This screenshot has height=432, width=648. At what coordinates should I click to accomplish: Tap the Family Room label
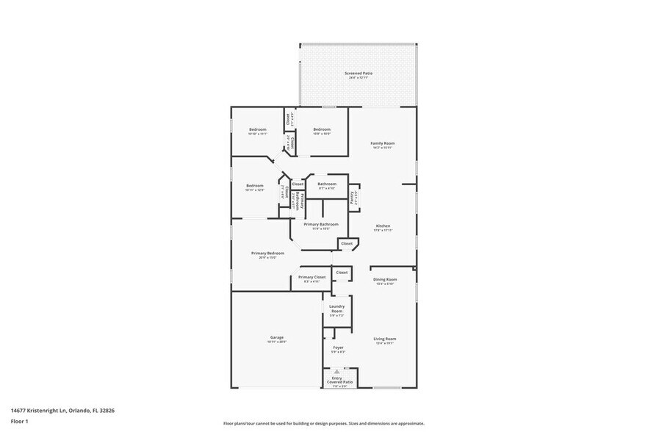click(383, 145)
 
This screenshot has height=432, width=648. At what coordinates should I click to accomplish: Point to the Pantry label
click(353, 197)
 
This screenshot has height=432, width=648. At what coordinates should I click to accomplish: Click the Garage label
click(276, 339)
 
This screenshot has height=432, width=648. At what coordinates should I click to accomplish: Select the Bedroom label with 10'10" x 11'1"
click(257, 131)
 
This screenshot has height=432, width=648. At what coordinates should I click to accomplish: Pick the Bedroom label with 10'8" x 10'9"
click(322, 131)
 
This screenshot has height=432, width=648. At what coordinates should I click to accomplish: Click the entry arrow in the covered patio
click(337, 372)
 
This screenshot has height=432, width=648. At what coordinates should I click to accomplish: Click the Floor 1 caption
click(19, 421)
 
